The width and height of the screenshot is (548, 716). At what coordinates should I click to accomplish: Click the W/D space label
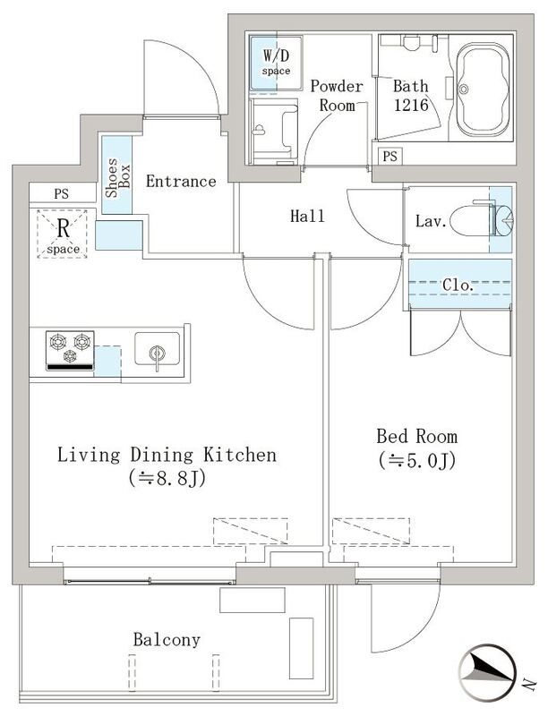275,61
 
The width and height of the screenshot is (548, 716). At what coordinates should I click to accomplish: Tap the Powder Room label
337,95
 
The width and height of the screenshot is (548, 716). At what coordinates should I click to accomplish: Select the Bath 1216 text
411,95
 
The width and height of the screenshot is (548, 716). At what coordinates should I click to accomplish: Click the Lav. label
430,221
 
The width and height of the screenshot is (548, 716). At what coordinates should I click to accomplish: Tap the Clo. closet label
459,285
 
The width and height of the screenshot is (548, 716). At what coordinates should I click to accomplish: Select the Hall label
307,216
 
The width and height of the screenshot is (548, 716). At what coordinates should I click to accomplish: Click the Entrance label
181,182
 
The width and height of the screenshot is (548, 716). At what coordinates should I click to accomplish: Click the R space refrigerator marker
63,233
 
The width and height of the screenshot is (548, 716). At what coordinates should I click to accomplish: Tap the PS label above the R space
60,193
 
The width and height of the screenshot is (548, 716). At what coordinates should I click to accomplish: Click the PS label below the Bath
390,157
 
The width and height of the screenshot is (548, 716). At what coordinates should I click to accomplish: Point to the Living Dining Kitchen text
167,455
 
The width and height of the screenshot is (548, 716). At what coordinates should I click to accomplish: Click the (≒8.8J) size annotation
167,479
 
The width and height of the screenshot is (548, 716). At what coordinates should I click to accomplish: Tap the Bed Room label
416,437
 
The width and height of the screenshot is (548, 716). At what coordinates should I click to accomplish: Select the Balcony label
167,640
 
